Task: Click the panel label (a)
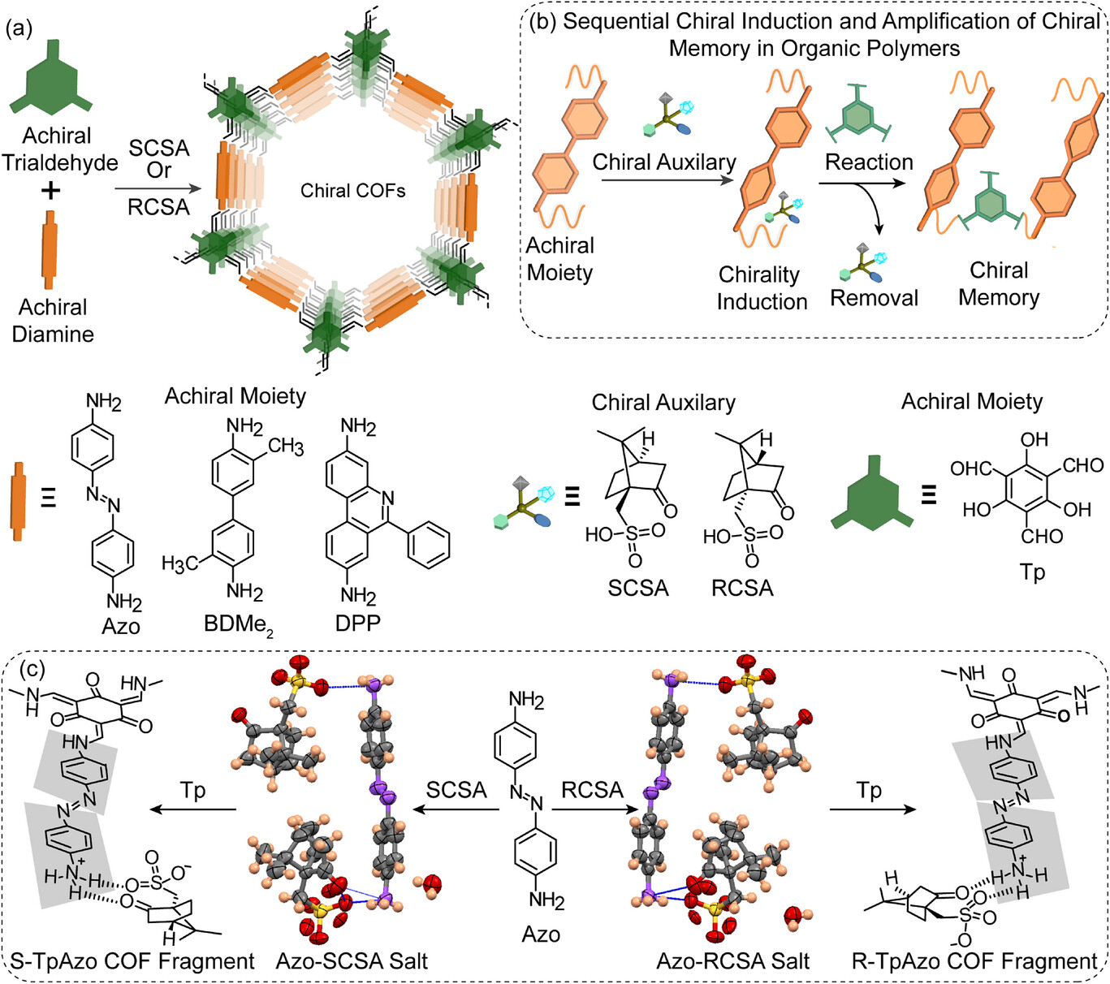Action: (x=19, y=29)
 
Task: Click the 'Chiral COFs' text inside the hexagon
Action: (x=352, y=191)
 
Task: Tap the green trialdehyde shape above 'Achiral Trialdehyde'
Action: (x=51, y=82)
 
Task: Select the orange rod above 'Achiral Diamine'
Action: (x=50, y=249)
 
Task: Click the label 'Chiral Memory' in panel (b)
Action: (x=999, y=283)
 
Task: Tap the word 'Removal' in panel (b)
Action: (x=874, y=298)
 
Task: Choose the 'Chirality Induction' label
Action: (x=762, y=287)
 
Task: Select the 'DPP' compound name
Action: (x=358, y=623)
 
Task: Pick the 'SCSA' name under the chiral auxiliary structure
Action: (x=638, y=588)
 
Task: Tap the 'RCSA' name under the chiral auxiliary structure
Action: (x=742, y=588)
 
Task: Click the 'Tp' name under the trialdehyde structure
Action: (x=1032, y=572)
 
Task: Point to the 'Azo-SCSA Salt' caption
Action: (x=352, y=961)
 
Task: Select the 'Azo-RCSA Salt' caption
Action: (x=732, y=961)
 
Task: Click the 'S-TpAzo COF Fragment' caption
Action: (x=132, y=961)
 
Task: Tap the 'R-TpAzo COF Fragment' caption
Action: (x=974, y=961)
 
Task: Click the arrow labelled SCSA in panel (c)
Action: (x=456, y=809)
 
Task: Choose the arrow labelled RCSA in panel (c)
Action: (x=593, y=809)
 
